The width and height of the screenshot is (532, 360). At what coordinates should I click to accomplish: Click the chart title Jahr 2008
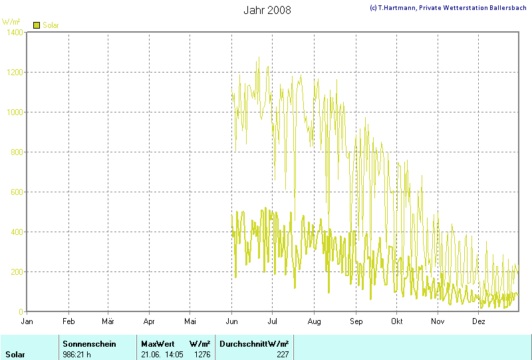click(267, 10)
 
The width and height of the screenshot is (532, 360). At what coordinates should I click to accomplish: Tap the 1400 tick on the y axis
click(14, 32)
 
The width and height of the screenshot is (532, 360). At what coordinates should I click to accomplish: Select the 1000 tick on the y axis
click(14, 112)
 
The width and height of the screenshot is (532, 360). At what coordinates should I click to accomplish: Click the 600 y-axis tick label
click(16, 192)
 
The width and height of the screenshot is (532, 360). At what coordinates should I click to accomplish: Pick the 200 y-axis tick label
click(16, 271)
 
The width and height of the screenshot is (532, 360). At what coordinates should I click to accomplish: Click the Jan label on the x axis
click(27, 321)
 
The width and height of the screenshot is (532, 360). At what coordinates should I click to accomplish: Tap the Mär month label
click(108, 321)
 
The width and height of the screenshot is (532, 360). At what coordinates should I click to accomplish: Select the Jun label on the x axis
click(231, 321)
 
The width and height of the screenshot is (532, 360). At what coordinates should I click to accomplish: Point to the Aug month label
click(315, 321)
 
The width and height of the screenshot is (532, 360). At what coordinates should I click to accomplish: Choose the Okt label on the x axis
click(397, 321)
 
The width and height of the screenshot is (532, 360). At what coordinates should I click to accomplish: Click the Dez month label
click(479, 321)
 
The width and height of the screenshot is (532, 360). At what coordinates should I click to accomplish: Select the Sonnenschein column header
click(89, 343)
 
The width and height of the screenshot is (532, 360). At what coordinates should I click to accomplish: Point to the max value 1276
click(203, 354)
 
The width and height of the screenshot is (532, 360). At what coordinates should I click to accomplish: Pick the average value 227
click(283, 354)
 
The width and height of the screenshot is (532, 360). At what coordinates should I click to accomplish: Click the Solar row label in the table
click(15, 354)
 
